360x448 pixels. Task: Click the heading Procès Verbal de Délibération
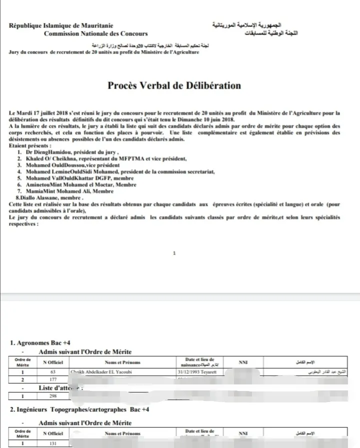pyautogui.click(x=174, y=85)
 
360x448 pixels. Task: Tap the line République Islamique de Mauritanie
pyautogui.click(x=60, y=26)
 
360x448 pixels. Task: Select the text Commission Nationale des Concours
pyautogui.click(x=95, y=34)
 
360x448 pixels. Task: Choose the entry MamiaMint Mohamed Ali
pyautogui.click(x=69, y=191)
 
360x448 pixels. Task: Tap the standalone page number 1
pyautogui.click(x=174, y=253)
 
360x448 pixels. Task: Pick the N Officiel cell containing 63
pyautogui.click(x=52, y=372)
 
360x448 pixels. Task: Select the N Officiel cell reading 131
pyautogui.click(x=52, y=443)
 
